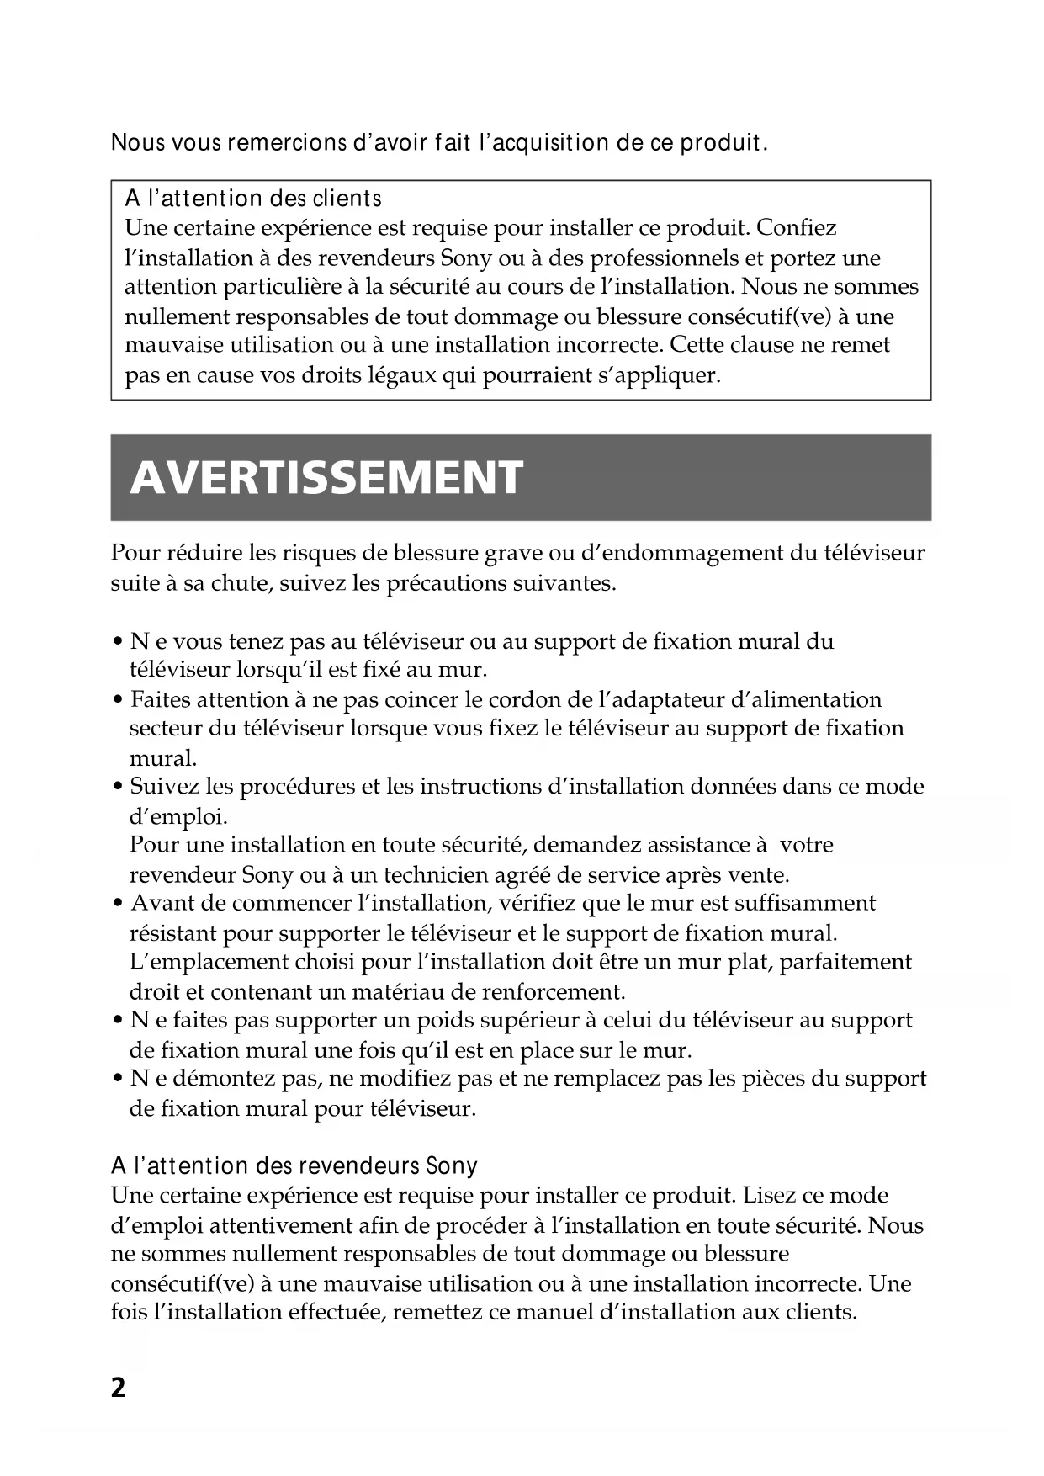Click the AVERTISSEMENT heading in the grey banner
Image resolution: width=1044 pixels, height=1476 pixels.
click(x=326, y=477)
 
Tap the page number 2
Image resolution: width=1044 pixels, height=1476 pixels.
click(x=118, y=1388)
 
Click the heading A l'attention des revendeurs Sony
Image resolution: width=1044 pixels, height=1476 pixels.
click(x=294, y=1165)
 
